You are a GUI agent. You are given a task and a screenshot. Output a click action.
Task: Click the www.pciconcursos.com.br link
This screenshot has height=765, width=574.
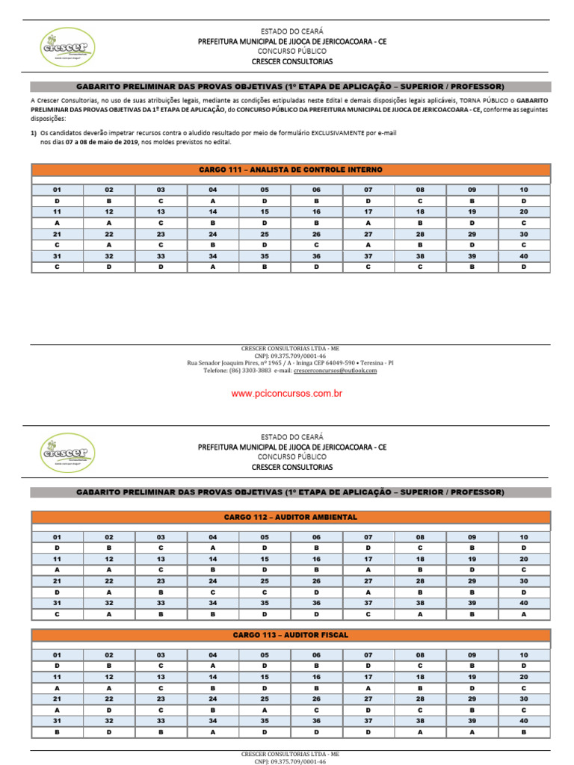(x=287, y=394)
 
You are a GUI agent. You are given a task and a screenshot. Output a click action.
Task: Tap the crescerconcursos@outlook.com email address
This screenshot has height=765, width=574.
(x=335, y=371)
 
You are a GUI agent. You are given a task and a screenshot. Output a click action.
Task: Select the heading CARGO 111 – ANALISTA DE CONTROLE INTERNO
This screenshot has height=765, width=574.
(x=291, y=170)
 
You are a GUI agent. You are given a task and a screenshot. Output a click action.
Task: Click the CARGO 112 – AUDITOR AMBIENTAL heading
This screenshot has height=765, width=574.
(x=291, y=517)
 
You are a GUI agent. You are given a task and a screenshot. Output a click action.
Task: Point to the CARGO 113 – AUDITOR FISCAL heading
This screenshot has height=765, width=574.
(x=291, y=635)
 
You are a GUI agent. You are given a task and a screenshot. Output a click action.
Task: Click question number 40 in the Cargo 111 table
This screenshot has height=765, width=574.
(x=524, y=256)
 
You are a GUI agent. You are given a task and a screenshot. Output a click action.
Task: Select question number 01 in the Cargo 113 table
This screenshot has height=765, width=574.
(x=58, y=655)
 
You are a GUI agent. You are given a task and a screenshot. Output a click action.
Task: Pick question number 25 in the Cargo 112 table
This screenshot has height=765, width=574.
(x=265, y=581)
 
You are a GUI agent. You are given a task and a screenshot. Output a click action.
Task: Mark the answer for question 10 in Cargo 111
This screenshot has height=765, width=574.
(x=524, y=201)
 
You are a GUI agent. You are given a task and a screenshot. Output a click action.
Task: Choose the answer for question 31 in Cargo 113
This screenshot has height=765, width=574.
(x=58, y=733)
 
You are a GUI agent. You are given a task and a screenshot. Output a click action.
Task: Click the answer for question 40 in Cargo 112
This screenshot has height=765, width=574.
(x=524, y=614)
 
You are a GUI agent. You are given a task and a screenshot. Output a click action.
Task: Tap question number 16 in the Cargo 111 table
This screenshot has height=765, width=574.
(x=316, y=212)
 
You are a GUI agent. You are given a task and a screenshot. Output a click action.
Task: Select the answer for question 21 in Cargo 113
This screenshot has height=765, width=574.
(x=58, y=710)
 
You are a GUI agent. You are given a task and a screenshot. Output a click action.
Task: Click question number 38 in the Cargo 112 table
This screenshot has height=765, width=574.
(x=420, y=603)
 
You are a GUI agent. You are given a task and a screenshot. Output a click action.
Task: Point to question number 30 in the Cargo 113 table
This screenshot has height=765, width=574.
(x=524, y=699)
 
